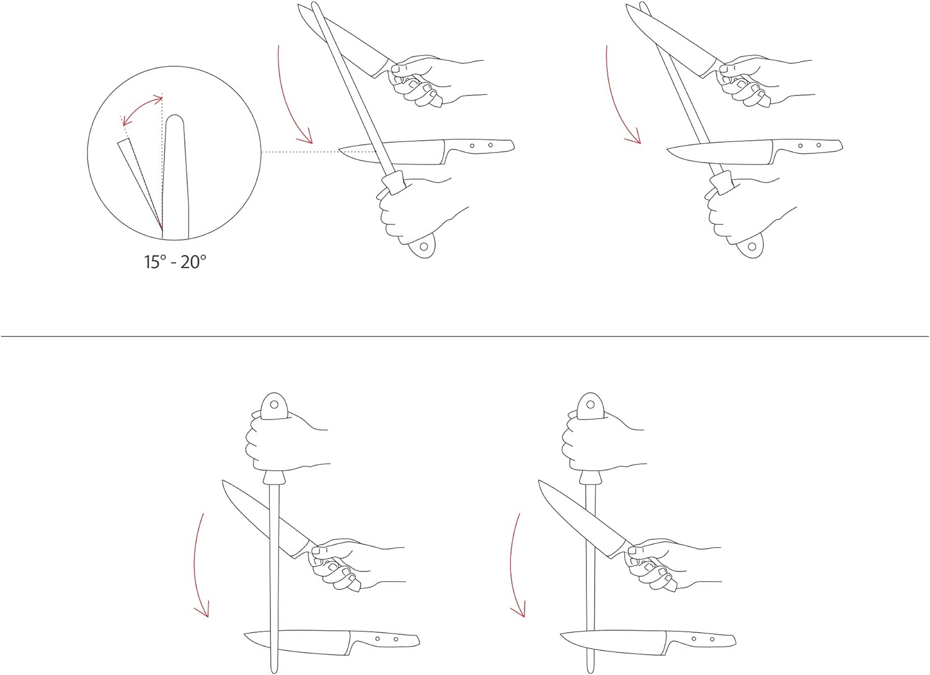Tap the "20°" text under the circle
(193, 262)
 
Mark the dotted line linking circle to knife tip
(301, 152)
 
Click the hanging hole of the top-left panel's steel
(423, 246)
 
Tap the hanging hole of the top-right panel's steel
(752, 246)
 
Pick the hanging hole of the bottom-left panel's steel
(273, 404)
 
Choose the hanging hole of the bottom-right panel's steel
(590, 404)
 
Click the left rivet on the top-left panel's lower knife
(472, 146)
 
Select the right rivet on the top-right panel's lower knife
(819, 145)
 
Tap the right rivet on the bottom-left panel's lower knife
(396, 639)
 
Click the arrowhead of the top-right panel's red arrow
(635, 138)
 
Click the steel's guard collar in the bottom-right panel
(590, 477)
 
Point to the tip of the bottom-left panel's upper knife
(223, 481)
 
